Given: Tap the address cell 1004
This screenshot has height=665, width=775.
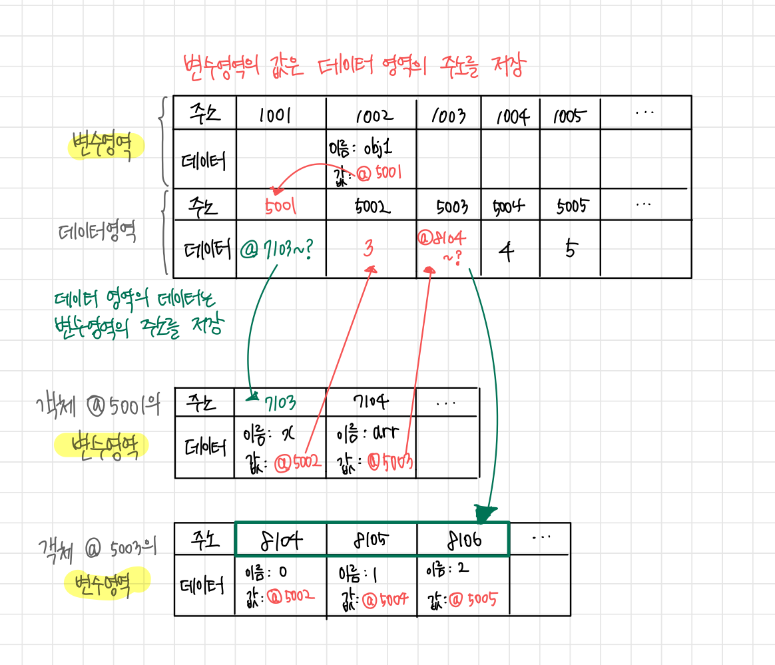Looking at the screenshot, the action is click(511, 117).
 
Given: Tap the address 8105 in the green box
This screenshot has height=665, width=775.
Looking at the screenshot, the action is click(370, 541).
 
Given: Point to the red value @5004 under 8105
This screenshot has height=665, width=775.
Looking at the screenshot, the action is click(384, 602).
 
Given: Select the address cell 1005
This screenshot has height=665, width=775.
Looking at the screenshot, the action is click(570, 116).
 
